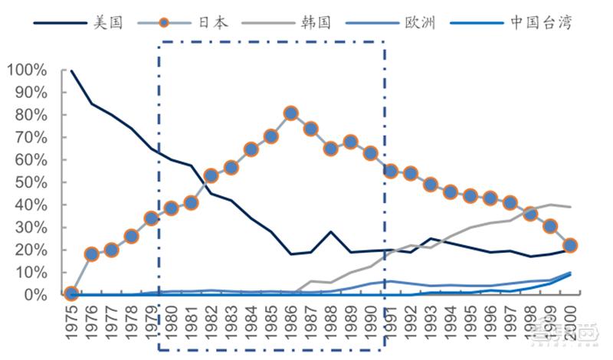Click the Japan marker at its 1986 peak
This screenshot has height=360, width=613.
coord(291,113)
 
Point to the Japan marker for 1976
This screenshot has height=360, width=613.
coord(91,254)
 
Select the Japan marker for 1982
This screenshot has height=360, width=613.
coord(211,176)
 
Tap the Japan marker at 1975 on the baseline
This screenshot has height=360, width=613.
coord(71,293)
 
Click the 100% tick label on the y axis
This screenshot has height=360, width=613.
coord(27,70)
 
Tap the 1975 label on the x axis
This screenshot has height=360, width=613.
coord(71,326)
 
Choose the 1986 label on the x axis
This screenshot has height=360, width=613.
coord(291,326)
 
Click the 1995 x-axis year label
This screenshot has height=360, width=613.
coord(470,326)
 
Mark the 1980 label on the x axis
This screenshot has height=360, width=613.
coord(171,326)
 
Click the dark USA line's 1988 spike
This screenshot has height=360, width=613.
coord(331,231)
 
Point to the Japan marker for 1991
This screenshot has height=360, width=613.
coord(391,171)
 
